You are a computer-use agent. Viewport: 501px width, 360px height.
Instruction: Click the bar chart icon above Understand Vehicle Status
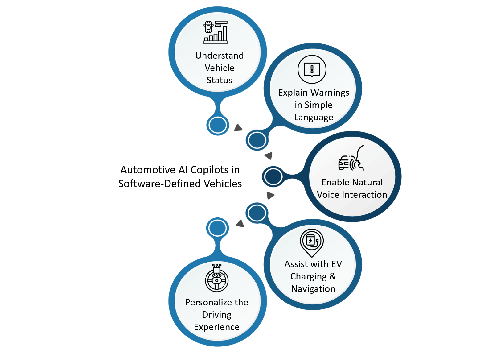click(216, 32)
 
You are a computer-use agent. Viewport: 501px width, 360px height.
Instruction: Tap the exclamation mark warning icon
click(312, 69)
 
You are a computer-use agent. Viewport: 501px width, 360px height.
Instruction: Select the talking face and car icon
click(351, 158)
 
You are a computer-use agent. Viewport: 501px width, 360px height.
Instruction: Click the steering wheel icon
click(217, 278)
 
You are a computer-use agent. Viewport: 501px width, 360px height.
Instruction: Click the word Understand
click(220, 56)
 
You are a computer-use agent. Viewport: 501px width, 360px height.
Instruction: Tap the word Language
click(314, 118)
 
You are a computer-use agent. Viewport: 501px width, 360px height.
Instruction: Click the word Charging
click(309, 276)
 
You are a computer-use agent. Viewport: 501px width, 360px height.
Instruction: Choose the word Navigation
click(313, 289)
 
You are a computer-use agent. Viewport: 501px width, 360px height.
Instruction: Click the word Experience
click(217, 327)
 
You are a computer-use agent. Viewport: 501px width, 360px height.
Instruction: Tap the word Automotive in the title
click(148, 170)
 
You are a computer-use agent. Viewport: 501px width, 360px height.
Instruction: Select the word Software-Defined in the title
click(159, 184)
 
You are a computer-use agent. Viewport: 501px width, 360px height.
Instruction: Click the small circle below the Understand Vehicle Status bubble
click(218, 125)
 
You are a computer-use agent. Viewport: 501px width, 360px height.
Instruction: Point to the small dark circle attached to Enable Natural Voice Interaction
click(273, 177)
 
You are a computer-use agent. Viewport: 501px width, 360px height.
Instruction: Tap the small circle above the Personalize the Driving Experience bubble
click(217, 228)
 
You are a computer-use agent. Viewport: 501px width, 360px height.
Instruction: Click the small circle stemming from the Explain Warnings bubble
click(257, 140)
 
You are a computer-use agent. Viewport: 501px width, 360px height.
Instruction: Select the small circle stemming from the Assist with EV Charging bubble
click(257, 213)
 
